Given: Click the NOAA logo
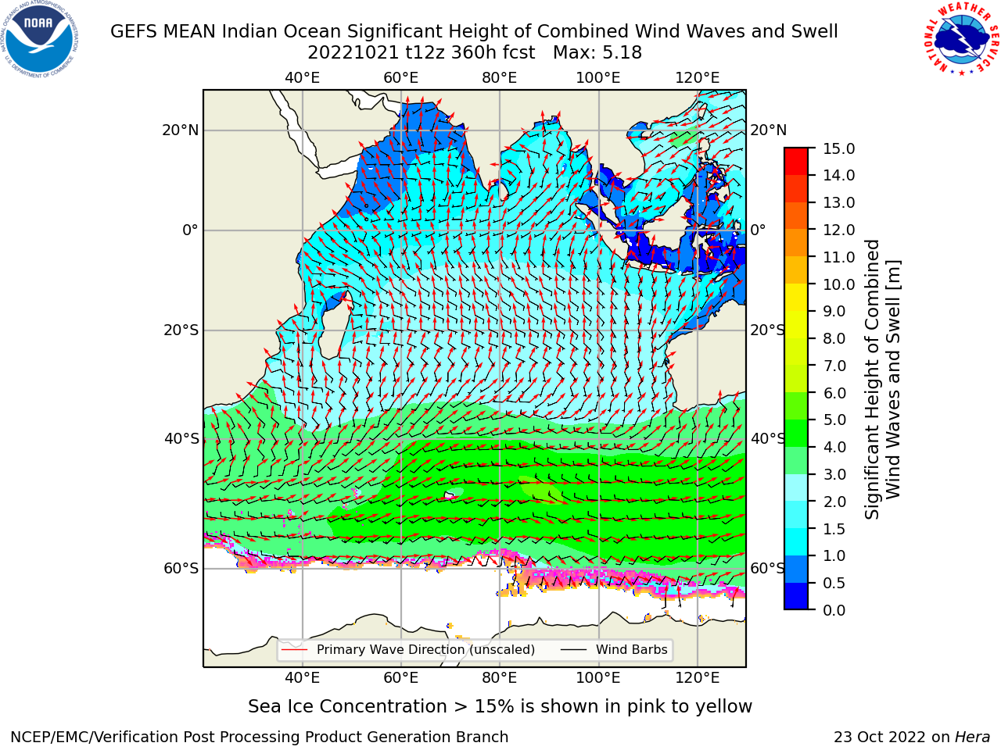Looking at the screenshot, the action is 40,40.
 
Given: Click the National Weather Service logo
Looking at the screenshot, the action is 960,39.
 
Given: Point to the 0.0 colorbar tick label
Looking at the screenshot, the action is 834,610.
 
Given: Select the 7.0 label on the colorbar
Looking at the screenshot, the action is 834,366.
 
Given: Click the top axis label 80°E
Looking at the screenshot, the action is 500,78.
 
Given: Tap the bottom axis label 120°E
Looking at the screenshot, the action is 698,677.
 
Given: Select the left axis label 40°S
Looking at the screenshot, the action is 181,439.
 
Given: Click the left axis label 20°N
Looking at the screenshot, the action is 181,130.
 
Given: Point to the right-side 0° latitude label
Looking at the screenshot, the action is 758,230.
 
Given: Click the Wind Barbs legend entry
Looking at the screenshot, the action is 614,650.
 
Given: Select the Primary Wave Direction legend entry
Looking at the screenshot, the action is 408,650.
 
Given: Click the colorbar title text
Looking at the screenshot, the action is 882,380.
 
